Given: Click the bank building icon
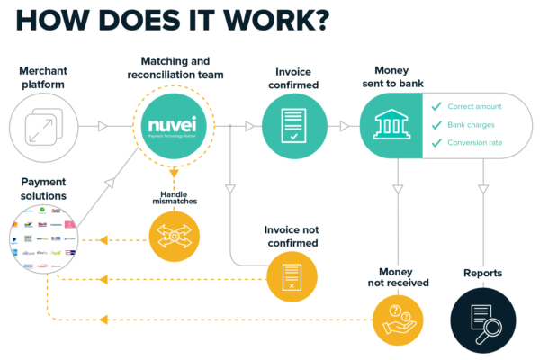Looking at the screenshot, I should tap(390, 125).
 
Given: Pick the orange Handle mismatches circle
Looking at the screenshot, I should tap(173, 236).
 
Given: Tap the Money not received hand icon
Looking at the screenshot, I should tap(399, 319).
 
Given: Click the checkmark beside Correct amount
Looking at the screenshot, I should tap(437, 107).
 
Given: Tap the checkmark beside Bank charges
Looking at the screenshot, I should tap(437, 125).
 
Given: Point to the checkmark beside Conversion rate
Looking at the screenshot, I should tap(437, 143).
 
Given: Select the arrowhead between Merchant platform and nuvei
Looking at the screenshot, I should tap(103, 126).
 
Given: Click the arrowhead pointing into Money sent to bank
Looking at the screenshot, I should tap(343, 126).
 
